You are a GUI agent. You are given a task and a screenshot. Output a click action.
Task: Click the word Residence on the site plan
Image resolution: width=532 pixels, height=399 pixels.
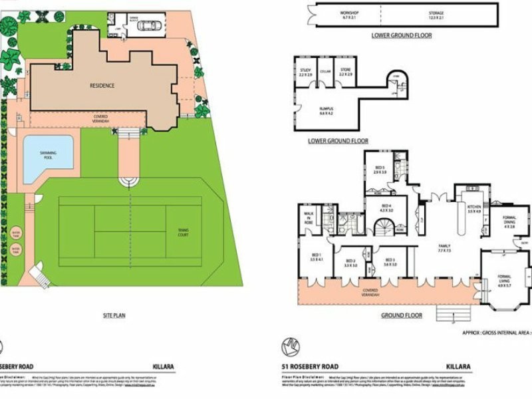click(102, 85)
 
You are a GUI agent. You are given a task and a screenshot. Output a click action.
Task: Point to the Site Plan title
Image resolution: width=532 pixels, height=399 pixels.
click(114, 316)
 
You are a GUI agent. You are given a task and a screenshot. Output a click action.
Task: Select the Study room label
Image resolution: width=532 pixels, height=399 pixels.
click(305, 70)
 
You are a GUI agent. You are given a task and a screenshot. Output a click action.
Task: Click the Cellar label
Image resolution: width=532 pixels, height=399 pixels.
click(325, 70)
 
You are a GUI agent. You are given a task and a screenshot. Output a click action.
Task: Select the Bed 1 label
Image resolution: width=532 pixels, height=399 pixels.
click(316, 257)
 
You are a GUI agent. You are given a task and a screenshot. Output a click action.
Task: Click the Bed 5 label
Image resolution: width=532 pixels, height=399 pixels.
click(380, 170)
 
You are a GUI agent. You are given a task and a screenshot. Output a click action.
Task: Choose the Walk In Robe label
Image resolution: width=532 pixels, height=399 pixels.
click(309, 217)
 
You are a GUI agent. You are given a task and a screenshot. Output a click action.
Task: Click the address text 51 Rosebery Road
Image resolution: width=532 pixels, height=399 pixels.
click(310, 366)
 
